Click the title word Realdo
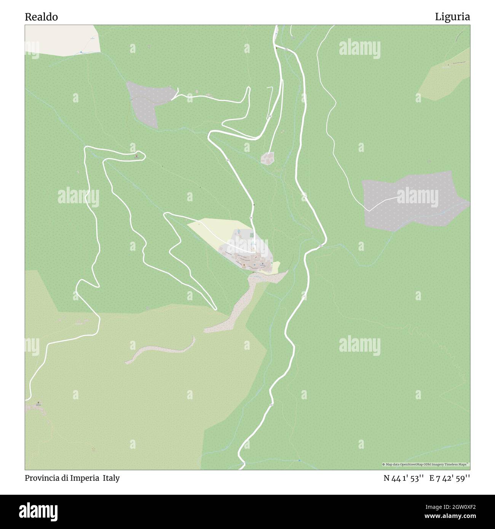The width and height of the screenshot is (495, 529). tap(42, 17)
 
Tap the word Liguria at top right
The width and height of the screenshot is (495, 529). tap(452, 17)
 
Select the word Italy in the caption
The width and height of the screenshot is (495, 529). tap(111, 478)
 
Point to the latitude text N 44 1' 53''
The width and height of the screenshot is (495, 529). tap(404, 478)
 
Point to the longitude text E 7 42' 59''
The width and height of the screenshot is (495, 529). tap(450, 478)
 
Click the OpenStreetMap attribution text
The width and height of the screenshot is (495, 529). tap(425, 464)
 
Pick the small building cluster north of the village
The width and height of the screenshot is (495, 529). tap(268, 158)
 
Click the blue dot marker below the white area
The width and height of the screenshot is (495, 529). tap(81, 52)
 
